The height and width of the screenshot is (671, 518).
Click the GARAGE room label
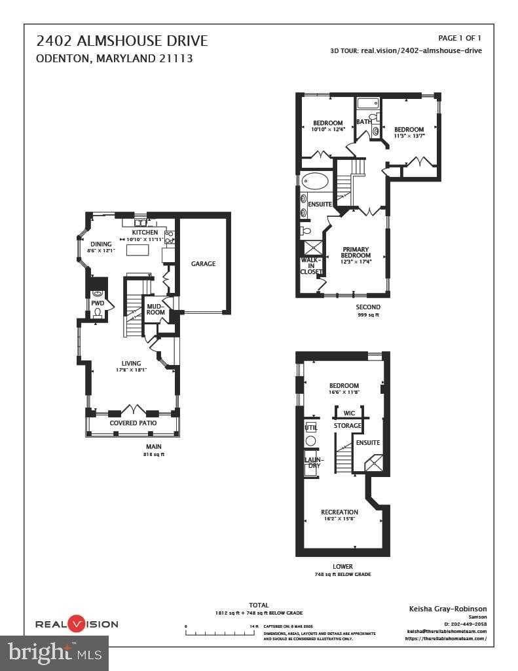click(203, 263)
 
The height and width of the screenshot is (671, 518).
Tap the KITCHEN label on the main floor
click(145, 233)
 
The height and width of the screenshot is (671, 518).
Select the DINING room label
click(101, 244)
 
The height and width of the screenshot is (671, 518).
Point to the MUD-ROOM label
click(155, 309)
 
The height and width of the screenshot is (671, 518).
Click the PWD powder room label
click(97, 303)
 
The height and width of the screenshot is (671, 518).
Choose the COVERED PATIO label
click(133, 423)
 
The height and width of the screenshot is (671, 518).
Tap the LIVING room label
click(131, 363)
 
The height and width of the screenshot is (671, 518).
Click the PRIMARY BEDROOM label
click(356, 252)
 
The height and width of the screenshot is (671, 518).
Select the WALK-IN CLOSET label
click(311, 265)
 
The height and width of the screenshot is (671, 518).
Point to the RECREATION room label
click(339, 512)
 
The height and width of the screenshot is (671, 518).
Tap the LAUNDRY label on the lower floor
click(313, 463)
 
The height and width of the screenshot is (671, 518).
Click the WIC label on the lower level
click(349, 413)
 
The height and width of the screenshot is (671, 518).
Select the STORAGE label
click(347, 426)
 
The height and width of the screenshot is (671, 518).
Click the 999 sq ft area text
click(367, 315)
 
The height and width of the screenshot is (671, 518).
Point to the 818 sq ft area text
click(153, 454)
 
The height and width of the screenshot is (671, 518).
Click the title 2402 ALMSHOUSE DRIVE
click(122, 41)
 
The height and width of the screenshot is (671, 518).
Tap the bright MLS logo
click(55, 652)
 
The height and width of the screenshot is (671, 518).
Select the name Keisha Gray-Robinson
click(448, 609)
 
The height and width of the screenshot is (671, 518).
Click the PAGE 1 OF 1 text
click(459, 38)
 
